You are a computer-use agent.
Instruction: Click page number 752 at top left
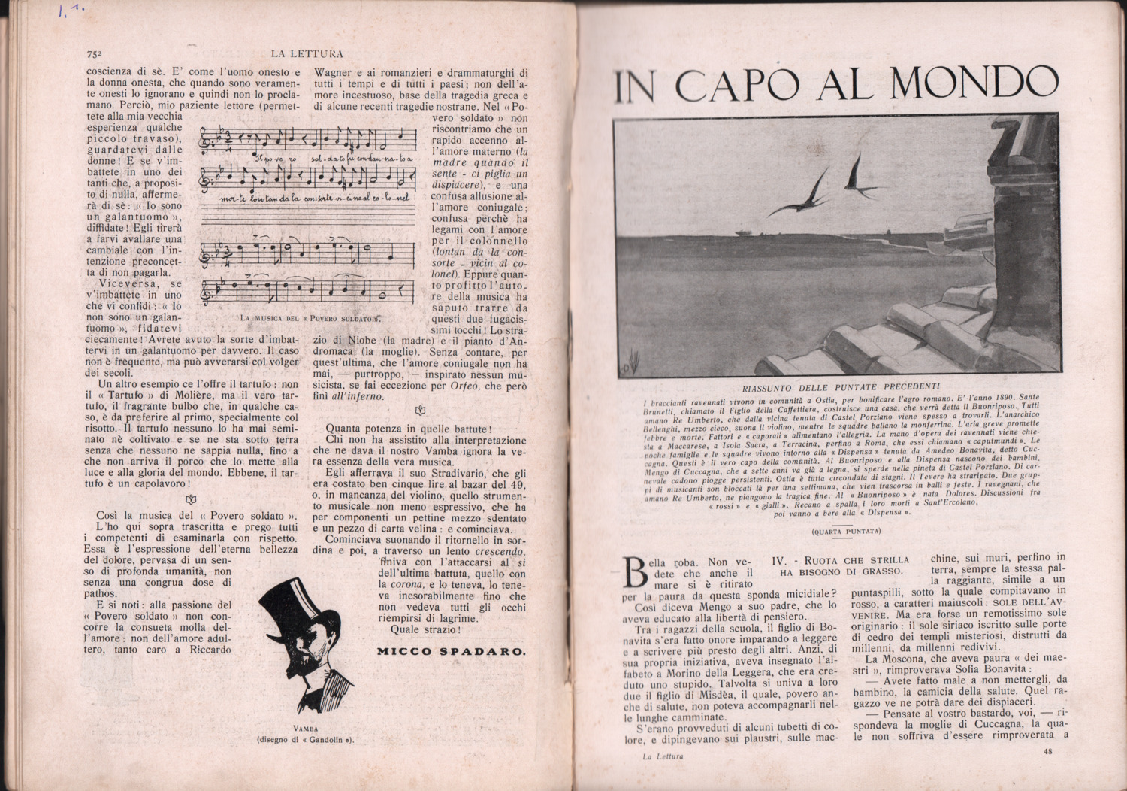click(x=94, y=54)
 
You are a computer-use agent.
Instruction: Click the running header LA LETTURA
click(x=307, y=54)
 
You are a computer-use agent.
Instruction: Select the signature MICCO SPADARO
click(x=451, y=651)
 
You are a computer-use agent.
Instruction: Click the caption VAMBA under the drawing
click(x=306, y=729)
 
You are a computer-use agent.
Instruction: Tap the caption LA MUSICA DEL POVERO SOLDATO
click(x=310, y=318)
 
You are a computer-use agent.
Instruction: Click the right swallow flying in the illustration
click(x=855, y=174)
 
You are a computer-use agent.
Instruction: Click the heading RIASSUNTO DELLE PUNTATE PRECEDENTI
click(x=841, y=388)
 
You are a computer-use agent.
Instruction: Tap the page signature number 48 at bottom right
click(x=1049, y=752)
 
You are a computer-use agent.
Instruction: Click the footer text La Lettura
click(x=663, y=756)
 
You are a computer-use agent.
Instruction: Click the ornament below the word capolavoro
click(x=191, y=500)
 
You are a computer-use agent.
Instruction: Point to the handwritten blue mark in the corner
click(x=71, y=12)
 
